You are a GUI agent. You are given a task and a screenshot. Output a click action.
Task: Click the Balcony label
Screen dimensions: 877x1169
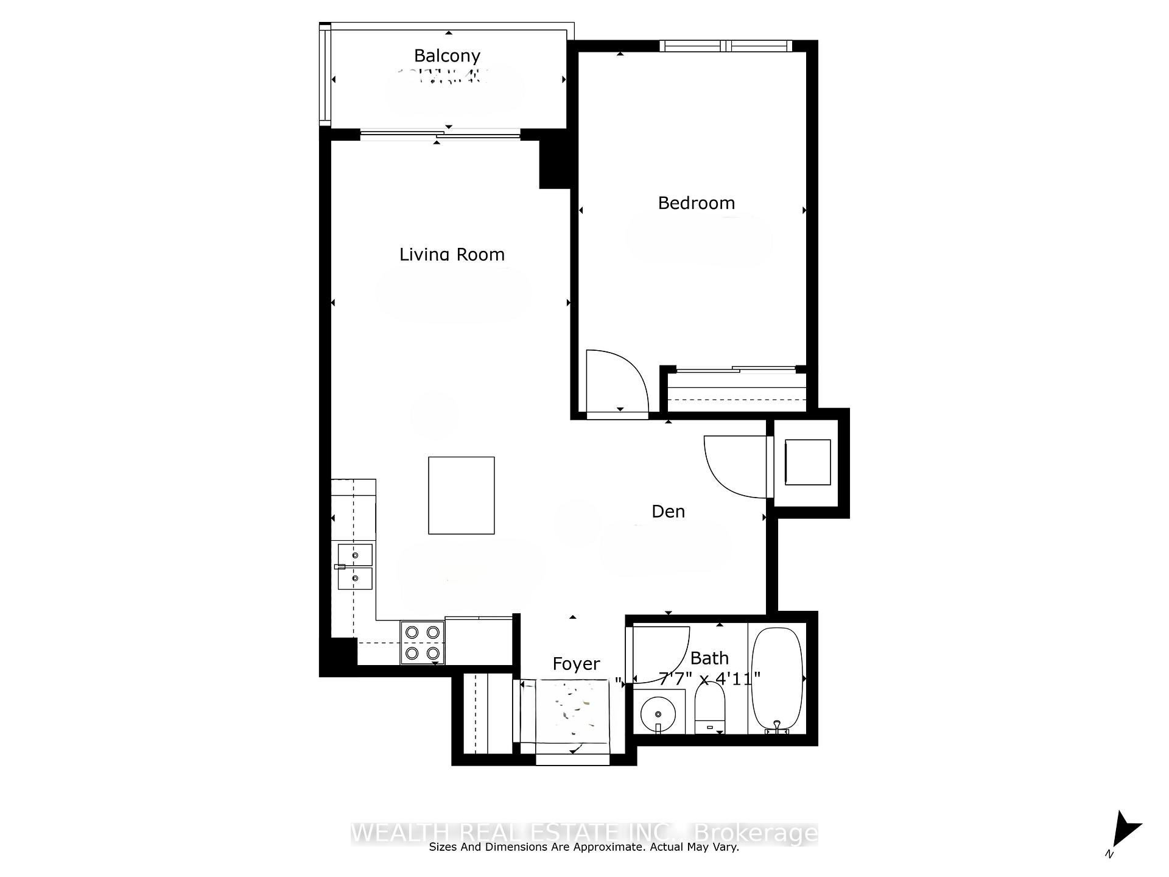point(447,56)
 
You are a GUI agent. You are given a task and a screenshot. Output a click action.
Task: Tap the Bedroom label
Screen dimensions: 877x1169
point(696,203)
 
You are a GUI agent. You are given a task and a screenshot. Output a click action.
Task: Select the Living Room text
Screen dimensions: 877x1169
point(452,255)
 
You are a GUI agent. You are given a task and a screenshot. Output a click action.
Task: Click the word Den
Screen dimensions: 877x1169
point(668,512)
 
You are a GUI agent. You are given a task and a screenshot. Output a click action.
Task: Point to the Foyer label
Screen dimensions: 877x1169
point(576,664)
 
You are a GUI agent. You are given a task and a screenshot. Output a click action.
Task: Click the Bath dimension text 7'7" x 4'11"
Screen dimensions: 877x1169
point(710,678)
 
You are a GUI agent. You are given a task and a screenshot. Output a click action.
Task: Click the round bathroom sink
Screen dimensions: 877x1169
point(658,714)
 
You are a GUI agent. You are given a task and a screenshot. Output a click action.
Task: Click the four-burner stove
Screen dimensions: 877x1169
point(423,643)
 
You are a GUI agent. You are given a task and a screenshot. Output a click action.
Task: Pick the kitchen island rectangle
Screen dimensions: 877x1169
point(461,495)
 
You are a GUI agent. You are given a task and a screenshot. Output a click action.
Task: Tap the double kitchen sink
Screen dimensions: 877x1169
point(355,567)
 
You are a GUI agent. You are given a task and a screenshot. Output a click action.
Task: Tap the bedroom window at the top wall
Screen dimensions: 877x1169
point(725,46)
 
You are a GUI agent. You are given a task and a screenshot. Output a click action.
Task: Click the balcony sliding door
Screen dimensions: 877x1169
point(440,135)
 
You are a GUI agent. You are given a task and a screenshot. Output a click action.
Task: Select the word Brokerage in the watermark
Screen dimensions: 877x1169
point(756,833)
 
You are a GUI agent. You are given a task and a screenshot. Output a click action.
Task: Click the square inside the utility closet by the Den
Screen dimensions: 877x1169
point(807,462)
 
